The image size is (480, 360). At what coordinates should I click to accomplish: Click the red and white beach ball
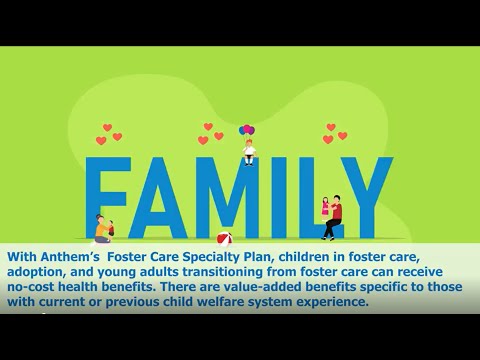[225, 239]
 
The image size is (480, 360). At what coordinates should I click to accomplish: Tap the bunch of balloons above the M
[247, 130]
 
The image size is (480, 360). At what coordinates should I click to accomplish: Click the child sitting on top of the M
[248, 153]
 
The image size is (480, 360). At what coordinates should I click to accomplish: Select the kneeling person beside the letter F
[102, 230]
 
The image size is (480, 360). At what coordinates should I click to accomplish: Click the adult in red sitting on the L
[334, 216]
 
